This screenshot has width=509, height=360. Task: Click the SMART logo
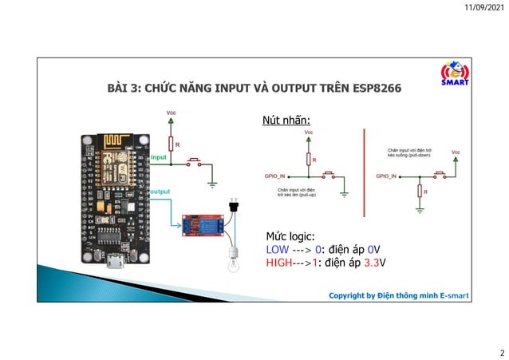point(455,73)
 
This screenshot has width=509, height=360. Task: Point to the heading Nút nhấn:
point(286,121)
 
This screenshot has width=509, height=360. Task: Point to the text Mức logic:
point(290,237)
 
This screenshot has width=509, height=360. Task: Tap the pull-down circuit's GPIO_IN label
point(388,174)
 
